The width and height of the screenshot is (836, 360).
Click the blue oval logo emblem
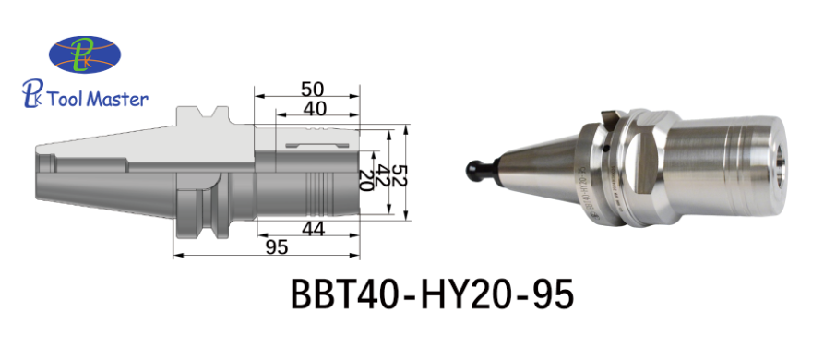pyautogui.click(x=85, y=54)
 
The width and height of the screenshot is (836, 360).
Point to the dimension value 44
pyautogui.click(x=313, y=229)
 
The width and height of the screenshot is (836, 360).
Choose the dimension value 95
pyautogui.click(x=276, y=247)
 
